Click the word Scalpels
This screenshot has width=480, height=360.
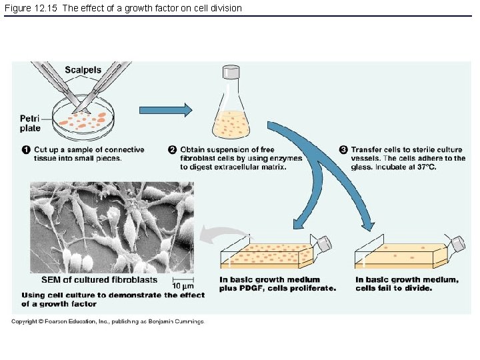tap(83, 70)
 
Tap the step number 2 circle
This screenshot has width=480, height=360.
tap(172, 149)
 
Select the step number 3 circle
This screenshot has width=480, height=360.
tap(343, 149)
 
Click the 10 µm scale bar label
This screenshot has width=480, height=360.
tap(184, 286)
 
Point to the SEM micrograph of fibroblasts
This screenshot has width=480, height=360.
tap(111, 227)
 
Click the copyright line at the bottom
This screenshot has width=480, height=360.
tap(107, 321)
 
